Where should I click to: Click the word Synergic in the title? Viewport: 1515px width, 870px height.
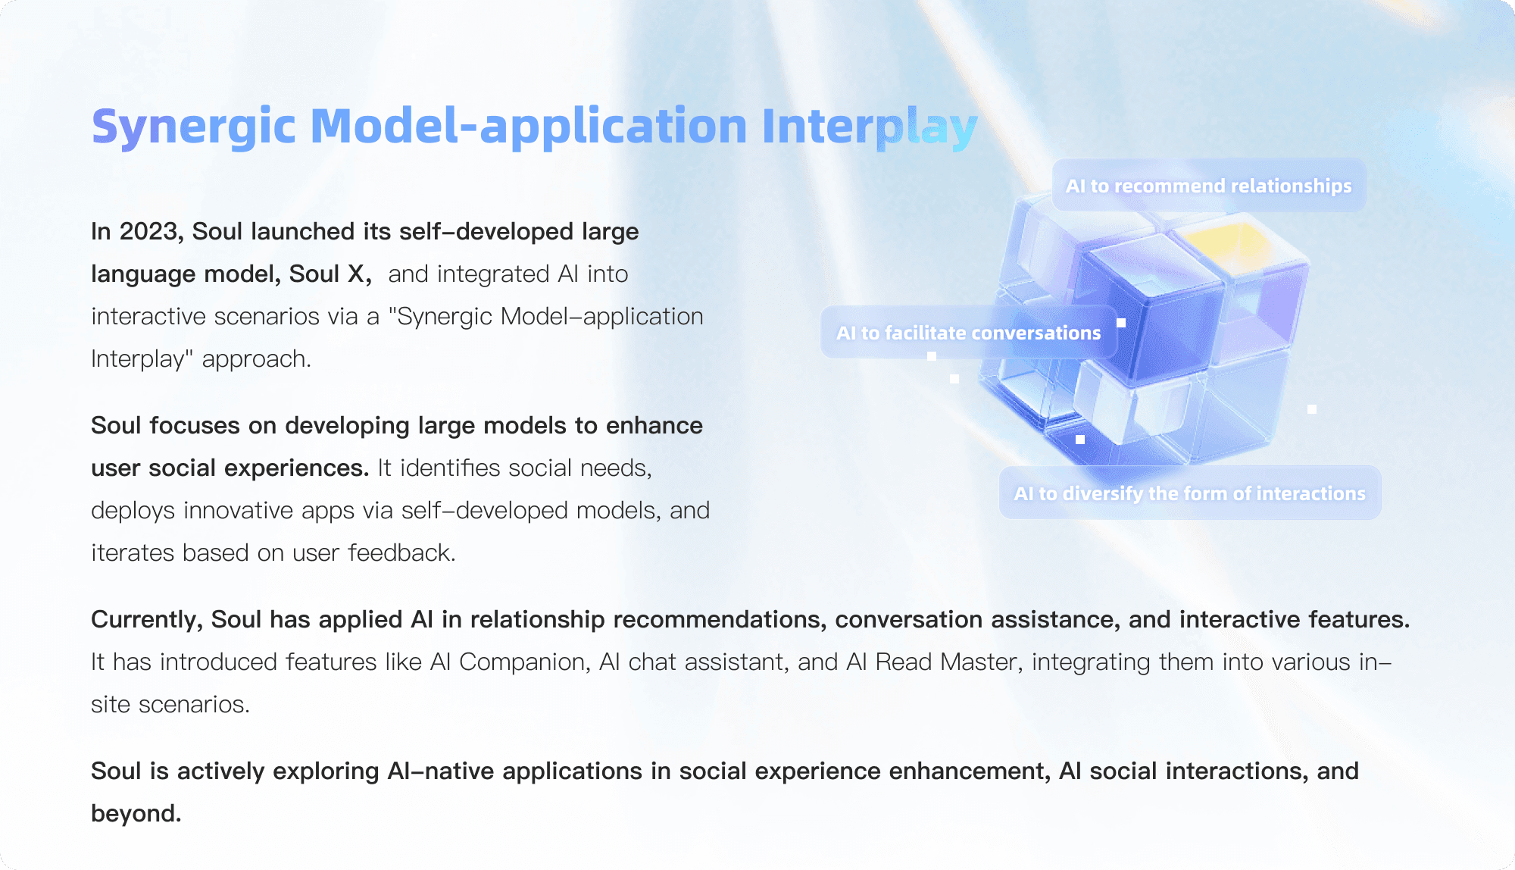[193, 127]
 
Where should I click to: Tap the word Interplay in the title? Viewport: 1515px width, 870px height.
[870, 127]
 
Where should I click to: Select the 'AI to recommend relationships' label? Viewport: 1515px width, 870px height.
[1209, 185]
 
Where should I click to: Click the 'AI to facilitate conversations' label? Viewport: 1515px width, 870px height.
[969, 332]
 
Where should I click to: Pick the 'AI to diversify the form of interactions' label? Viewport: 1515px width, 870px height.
[1190, 493]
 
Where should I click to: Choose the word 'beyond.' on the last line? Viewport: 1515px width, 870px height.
[136, 813]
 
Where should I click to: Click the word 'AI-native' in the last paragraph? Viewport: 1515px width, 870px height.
[439, 771]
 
